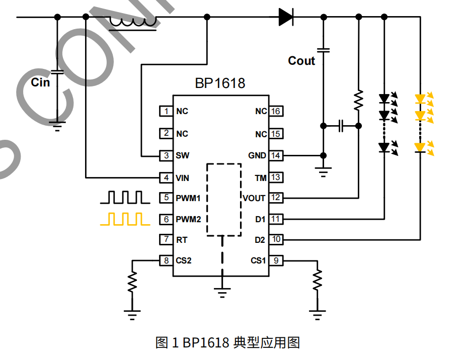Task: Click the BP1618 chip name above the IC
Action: point(220,83)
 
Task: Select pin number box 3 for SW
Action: point(166,155)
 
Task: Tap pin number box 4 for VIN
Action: point(166,177)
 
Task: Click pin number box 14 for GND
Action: point(275,155)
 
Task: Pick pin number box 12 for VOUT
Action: point(275,198)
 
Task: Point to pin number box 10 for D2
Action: point(275,239)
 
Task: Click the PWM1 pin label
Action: point(188,198)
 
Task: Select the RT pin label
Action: point(182,240)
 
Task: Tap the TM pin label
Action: point(260,177)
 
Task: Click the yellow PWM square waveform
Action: point(125,219)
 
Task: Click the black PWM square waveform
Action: point(125,198)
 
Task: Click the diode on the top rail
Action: point(285,17)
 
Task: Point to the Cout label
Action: point(301,61)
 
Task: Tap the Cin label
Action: point(40,82)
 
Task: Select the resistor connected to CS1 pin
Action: point(317,280)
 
